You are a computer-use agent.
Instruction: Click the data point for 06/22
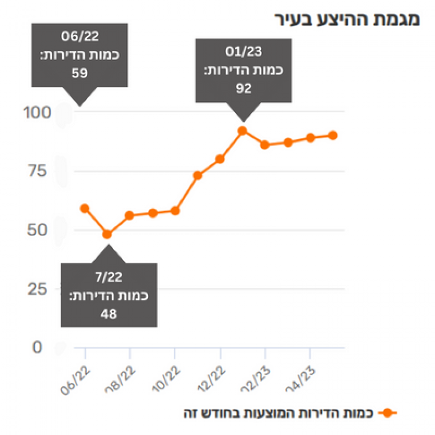[x=85, y=208]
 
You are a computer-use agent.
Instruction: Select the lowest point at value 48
[x=107, y=234]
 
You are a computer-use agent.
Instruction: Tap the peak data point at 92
[x=242, y=130]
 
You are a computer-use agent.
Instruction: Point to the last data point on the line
[x=333, y=135]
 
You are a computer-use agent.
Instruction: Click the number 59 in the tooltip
[x=79, y=74]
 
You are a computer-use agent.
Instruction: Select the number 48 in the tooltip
[x=108, y=314]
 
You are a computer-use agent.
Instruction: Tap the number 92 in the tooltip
[x=243, y=88]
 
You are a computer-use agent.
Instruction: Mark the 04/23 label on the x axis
[x=303, y=375]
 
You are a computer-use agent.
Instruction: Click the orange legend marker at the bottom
[x=387, y=413]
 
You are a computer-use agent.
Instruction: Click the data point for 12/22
[x=220, y=159]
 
